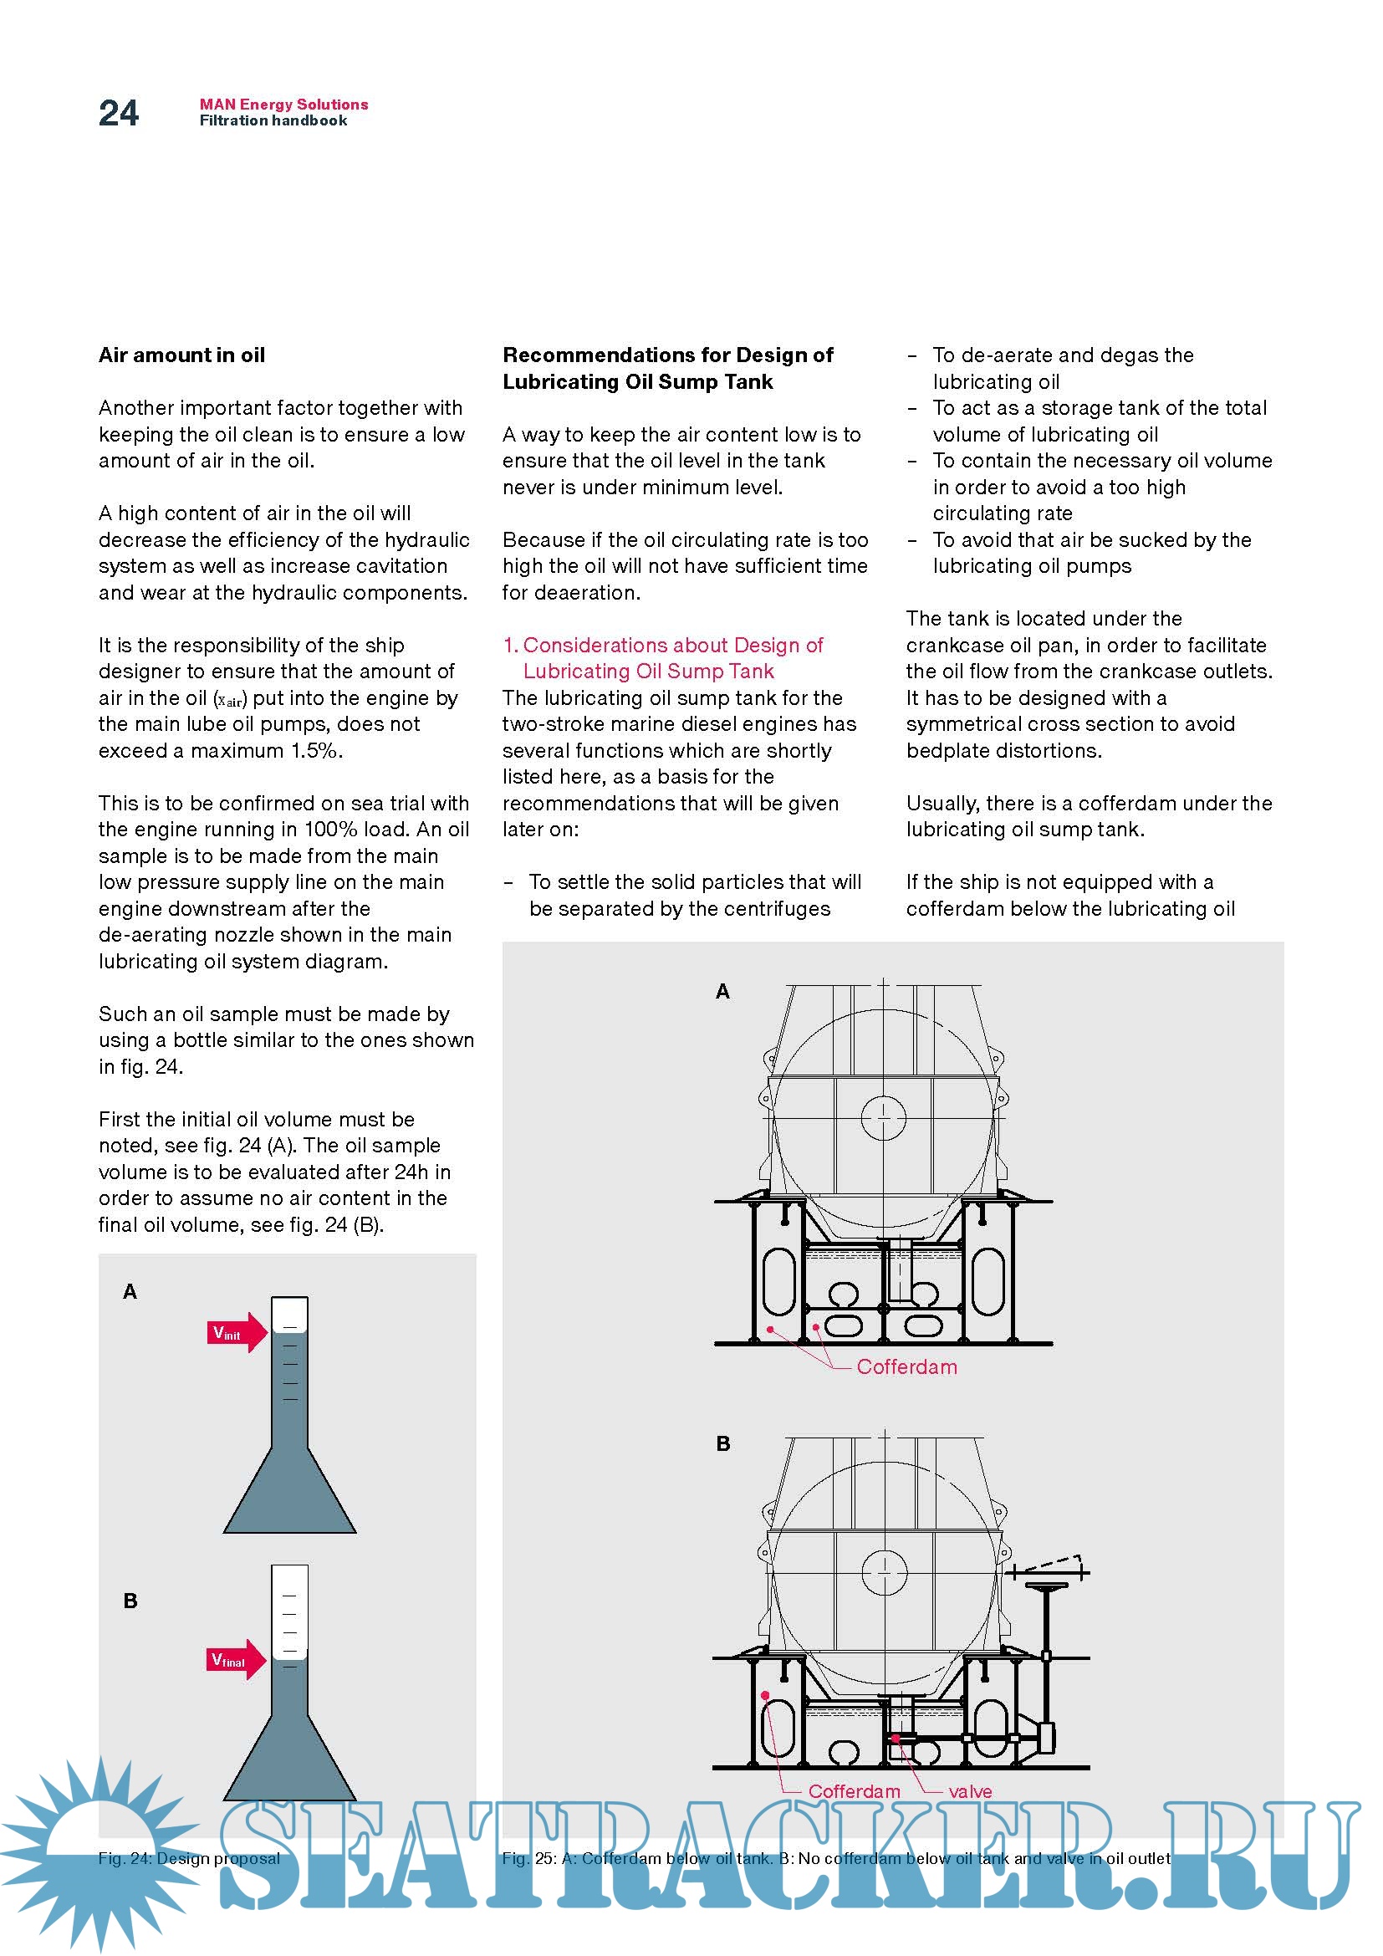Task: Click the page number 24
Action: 119,113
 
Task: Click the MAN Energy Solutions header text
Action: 283,104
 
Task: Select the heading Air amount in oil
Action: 181,355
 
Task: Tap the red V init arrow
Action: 236,1332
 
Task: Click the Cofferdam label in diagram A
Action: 906,1366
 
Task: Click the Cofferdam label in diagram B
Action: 854,1791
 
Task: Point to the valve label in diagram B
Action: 969,1791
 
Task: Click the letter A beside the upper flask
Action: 130,1291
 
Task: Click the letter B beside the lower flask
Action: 130,1601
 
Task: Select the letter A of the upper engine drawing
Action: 722,991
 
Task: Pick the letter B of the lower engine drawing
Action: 722,1443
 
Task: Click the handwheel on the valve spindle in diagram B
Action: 1047,1586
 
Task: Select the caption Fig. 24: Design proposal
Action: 188,1858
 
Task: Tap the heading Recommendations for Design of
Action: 667,355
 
